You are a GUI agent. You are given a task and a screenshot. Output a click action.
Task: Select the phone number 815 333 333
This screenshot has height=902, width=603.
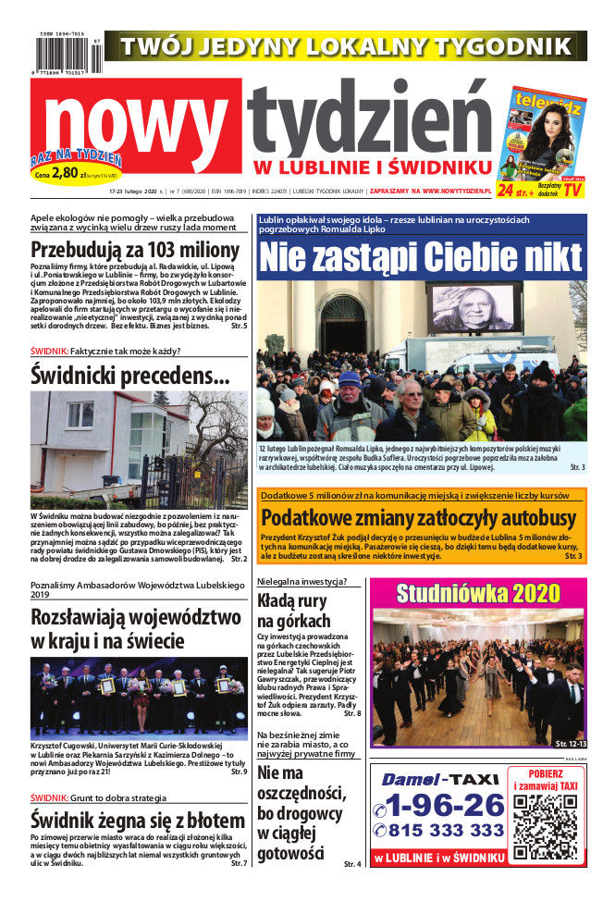(x=446, y=830)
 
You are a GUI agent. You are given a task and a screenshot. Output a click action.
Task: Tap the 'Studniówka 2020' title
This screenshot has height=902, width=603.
(x=477, y=592)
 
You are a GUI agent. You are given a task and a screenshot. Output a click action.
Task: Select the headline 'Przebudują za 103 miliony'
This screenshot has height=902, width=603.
(x=135, y=250)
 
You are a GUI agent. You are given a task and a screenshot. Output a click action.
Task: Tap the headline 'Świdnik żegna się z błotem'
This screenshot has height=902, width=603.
(x=137, y=819)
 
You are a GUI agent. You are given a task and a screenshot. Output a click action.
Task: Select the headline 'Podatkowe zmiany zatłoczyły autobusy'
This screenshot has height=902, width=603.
(x=419, y=518)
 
